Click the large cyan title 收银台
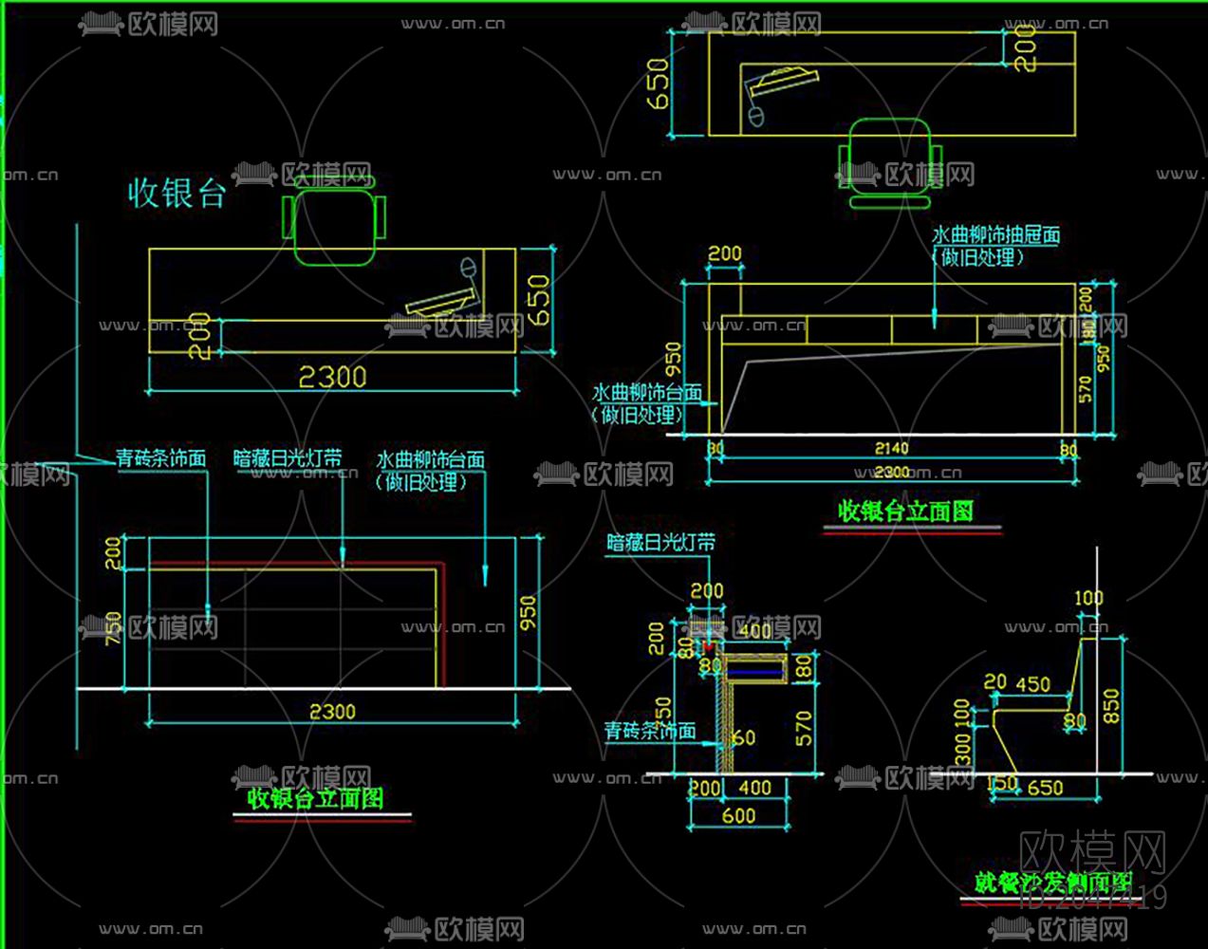[177, 194]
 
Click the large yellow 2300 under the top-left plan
[332, 378]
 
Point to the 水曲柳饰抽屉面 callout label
[995, 235]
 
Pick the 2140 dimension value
[891, 448]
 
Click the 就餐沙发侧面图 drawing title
[1053, 882]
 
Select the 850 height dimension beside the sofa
[1111, 706]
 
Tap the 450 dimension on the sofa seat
[1032, 684]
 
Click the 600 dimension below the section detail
[738, 815]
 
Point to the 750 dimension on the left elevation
[113, 627]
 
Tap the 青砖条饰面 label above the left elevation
[161, 458]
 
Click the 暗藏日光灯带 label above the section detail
[660, 543]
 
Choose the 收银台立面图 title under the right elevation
[905, 512]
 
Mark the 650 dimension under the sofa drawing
[1045, 788]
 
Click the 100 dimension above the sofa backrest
[1088, 599]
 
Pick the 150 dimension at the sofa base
[1002, 785]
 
